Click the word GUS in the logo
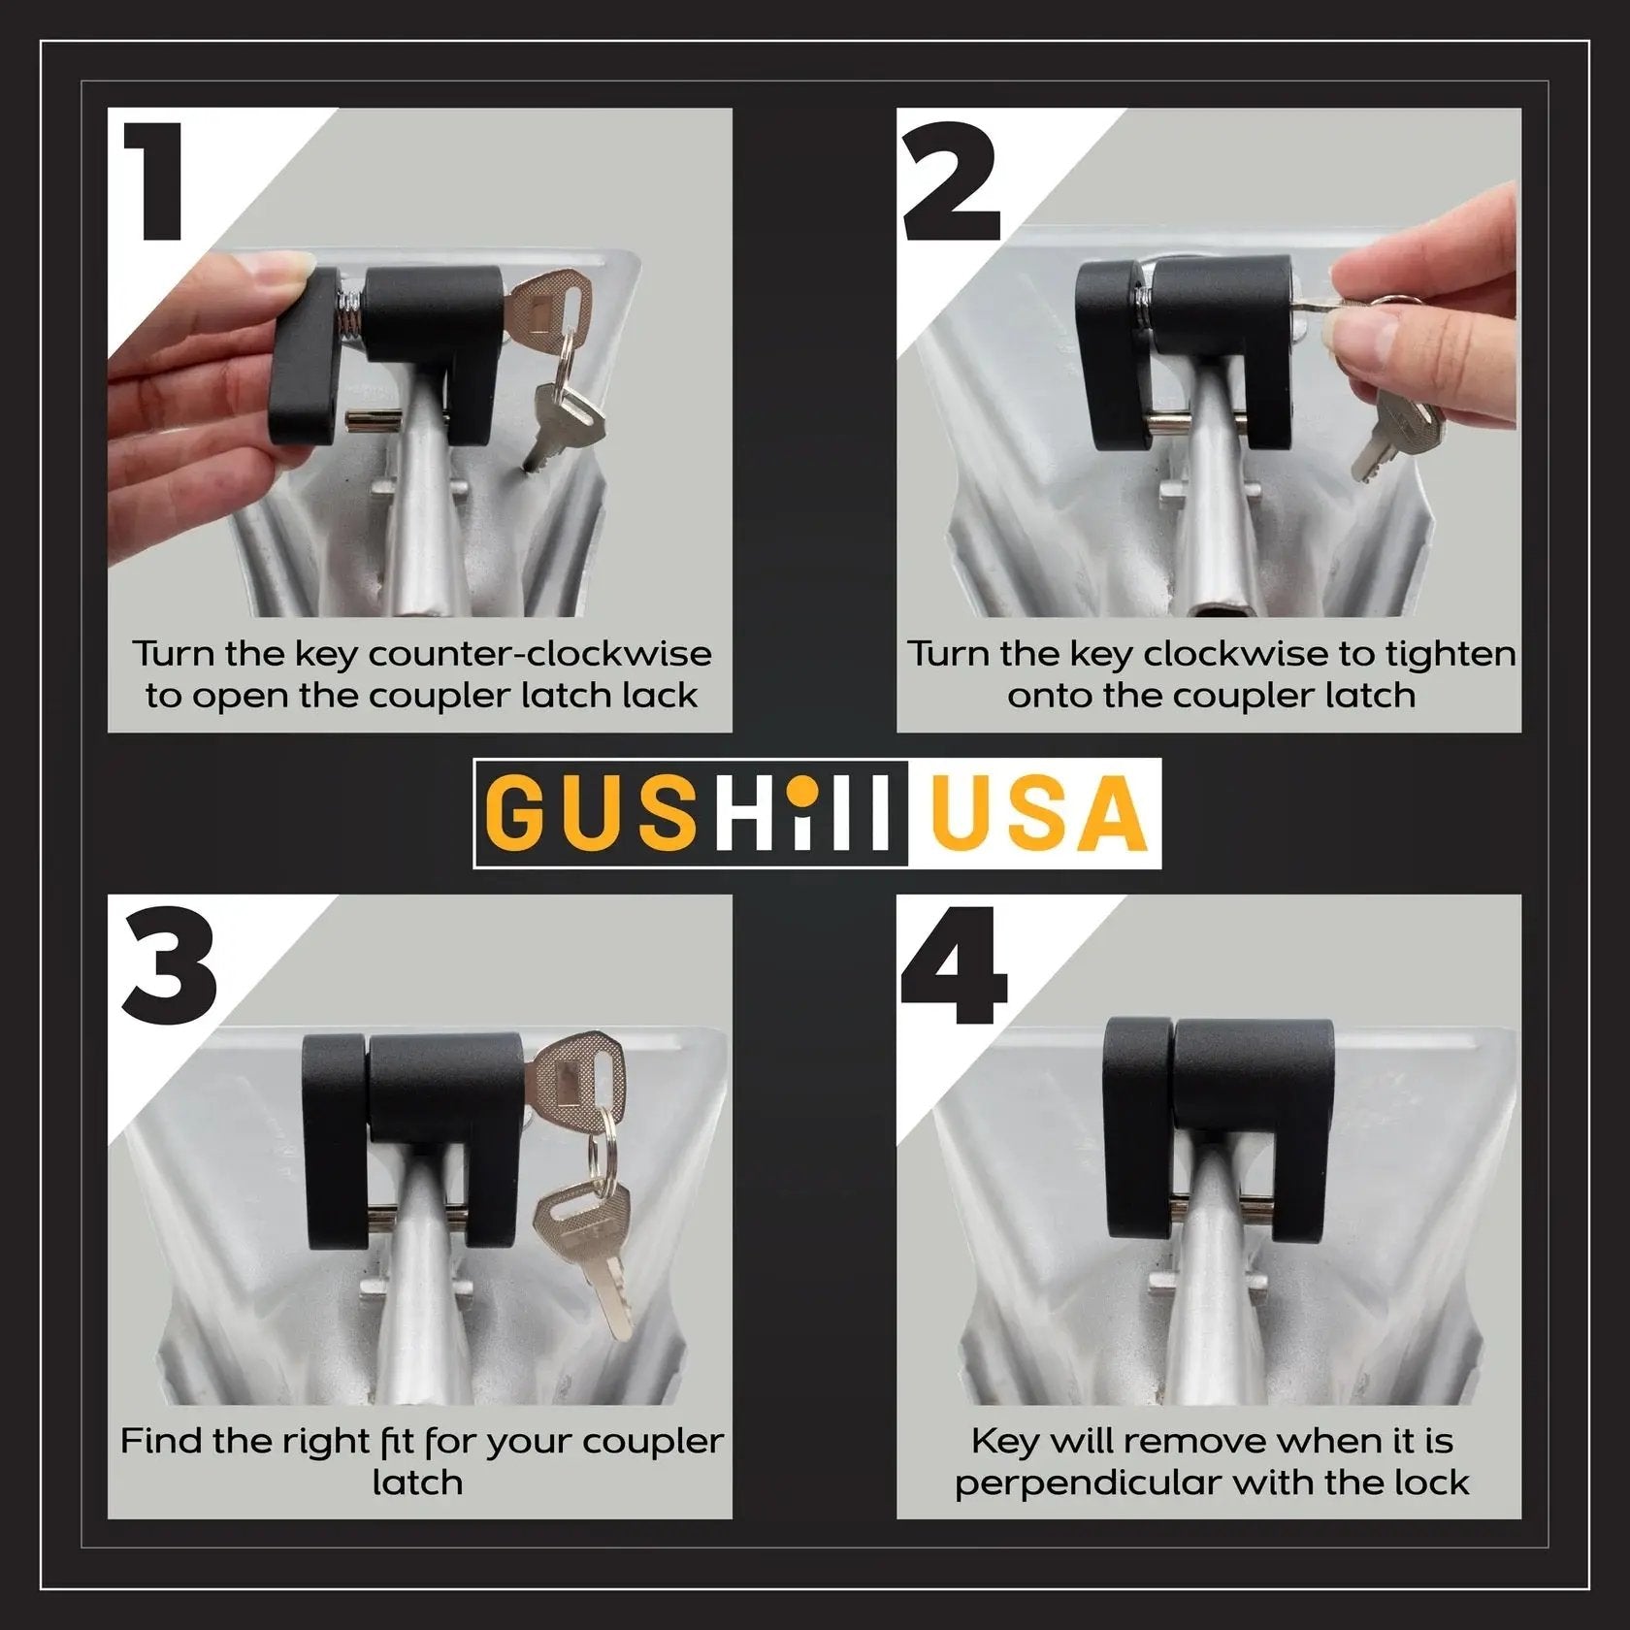click(591, 812)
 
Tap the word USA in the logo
click(1037, 812)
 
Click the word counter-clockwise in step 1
click(540, 654)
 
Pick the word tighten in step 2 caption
click(1450, 655)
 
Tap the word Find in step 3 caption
click(161, 1441)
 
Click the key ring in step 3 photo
click(604, 1145)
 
